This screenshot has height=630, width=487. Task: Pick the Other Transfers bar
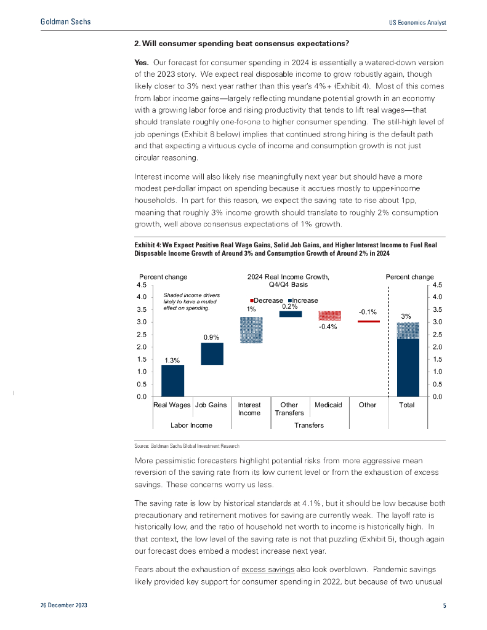pos(290,314)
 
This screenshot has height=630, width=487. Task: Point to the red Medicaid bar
pos(329,316)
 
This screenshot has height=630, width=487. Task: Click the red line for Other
pos(368,321)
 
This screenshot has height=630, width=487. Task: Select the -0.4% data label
pos(328,327)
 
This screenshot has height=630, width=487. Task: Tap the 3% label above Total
pos(406,316)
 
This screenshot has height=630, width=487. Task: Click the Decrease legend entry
pos(266,300)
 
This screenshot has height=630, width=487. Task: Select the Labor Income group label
pos(191,425)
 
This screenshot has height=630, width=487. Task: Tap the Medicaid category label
pos(328,405)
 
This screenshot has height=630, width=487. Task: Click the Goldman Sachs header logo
pos(65,22)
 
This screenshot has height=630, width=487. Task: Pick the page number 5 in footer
pos(445,606)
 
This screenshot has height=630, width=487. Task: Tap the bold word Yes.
pos(143,63)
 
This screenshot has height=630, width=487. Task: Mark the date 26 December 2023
pos(63,606)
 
